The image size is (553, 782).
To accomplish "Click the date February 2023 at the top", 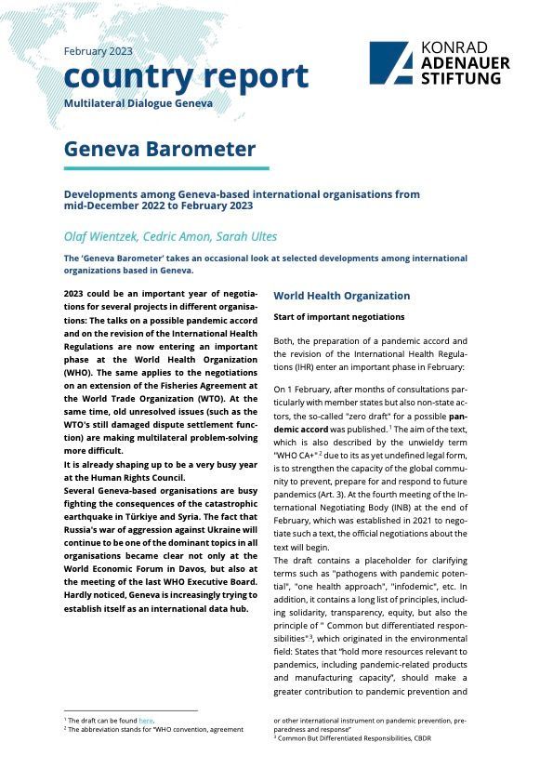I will click(99, 51).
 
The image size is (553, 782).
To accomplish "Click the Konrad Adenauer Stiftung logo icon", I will click(390, 63).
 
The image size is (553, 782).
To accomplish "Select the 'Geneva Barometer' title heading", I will click(159, 149).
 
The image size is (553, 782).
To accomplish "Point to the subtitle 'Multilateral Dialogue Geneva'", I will click(138, 101).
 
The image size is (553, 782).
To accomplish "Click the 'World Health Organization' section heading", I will click(341, 296).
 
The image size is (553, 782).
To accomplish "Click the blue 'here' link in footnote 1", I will click(145, 721).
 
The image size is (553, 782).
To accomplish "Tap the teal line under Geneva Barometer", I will click(166, 168).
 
